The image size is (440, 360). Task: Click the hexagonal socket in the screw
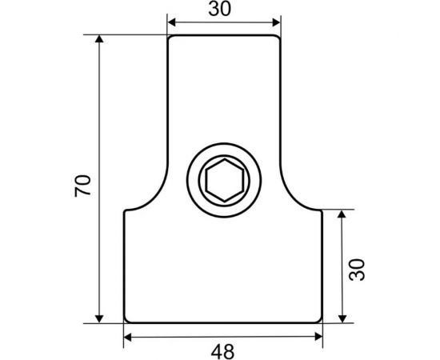[222, 181]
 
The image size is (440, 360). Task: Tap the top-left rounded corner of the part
[170, 38]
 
